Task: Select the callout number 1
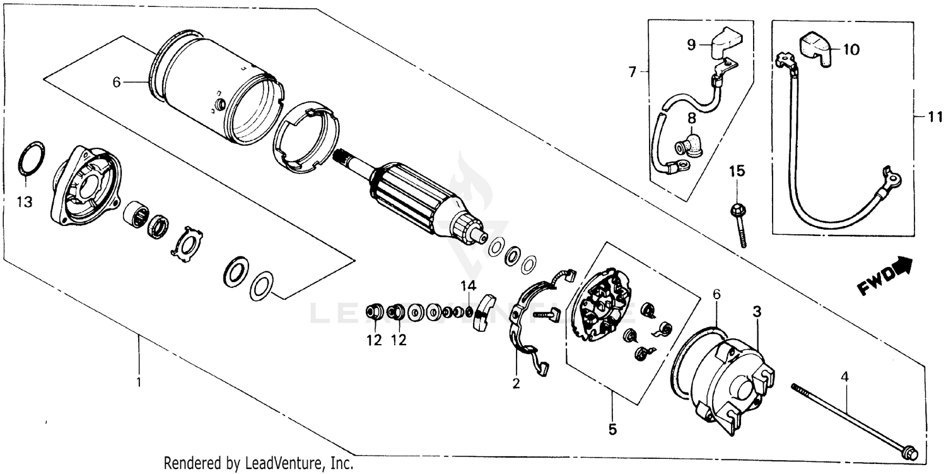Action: click(x=139, y=382)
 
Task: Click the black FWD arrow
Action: click(x=904, y=265)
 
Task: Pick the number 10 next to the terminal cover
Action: click(x=851, y=50)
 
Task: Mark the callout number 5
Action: click(x=612, y=430)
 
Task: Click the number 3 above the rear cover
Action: click(x=757, y=312)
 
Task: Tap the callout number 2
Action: click(x=516, y=382)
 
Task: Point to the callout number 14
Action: click(x=467, y=286)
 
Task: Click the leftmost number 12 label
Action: click(x=375, y=341)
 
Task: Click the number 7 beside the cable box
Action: click(x=633, y=73)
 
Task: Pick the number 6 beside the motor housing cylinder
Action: click(x=116, y=82)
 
